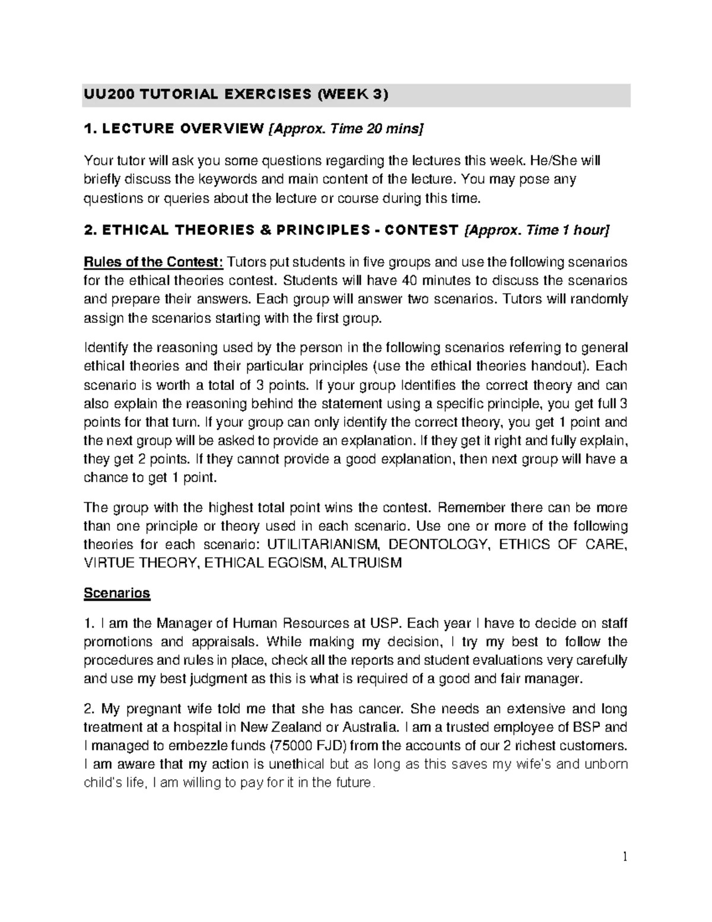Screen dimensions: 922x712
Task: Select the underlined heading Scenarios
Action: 117,593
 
